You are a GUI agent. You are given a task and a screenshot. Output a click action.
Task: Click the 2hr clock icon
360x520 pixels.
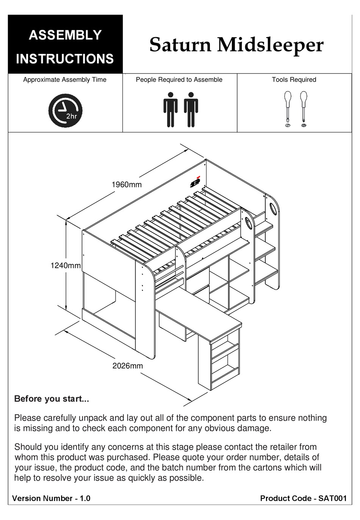pos(65,110)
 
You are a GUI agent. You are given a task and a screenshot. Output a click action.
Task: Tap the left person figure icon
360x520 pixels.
pos(171,109)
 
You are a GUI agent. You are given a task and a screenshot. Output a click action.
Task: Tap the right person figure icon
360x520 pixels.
pos(191,109)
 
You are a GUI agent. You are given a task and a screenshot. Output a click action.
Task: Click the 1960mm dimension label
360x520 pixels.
pos(126,185)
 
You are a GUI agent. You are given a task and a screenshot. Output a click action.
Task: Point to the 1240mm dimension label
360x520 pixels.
pos(65,265)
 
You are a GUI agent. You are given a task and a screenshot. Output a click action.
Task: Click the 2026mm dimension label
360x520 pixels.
pos(127,366)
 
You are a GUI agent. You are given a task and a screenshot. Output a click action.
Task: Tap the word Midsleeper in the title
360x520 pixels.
pos(270,45)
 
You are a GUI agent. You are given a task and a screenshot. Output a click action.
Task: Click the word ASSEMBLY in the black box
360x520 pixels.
pos(65,35)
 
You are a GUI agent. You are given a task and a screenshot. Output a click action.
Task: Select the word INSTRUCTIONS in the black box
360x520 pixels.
pos(65,59)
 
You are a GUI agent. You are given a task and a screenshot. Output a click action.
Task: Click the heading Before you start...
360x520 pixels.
pos(51,399)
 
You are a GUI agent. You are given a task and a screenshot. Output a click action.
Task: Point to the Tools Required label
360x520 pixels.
pos(294,80)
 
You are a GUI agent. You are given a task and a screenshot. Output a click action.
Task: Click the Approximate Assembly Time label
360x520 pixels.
pos(65,80)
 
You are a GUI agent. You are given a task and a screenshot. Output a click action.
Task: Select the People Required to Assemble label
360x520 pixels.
pos(179,80)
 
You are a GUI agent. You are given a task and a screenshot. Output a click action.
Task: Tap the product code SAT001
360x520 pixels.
pos(332,498)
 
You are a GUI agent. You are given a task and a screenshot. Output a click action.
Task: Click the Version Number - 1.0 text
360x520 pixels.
pos(51,498)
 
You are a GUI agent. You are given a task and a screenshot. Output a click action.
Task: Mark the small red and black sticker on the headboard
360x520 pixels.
pos(196,182)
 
